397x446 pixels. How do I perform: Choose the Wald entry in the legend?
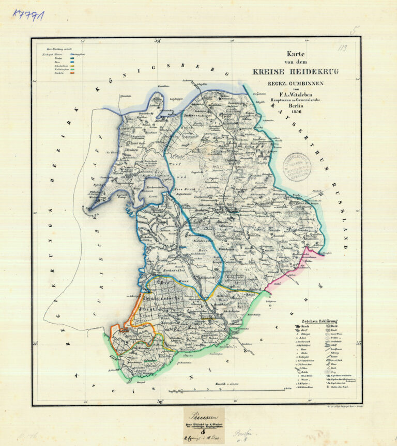(x=331, y=326)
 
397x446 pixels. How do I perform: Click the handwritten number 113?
(x=342, y=49)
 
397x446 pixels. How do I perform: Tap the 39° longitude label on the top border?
(x=158, y=40)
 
